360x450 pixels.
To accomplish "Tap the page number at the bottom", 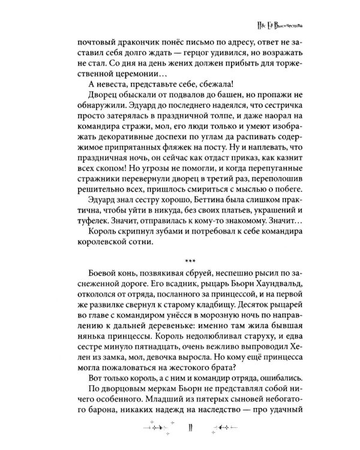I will click(x=190, y=429).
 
